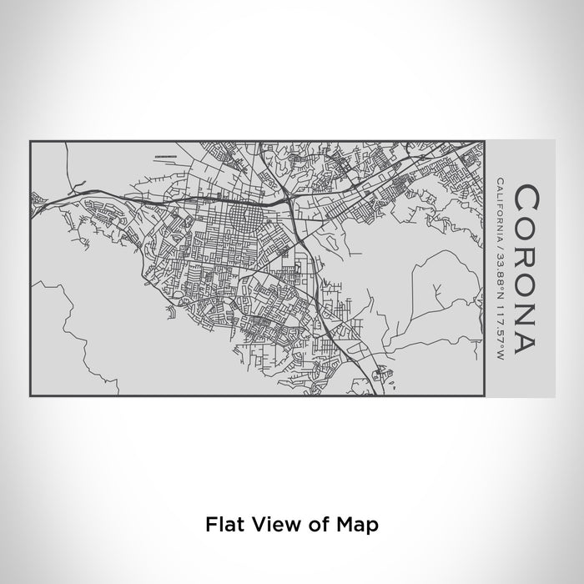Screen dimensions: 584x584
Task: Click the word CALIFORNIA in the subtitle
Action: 498,208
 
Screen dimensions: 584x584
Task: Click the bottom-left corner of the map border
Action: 30,396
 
